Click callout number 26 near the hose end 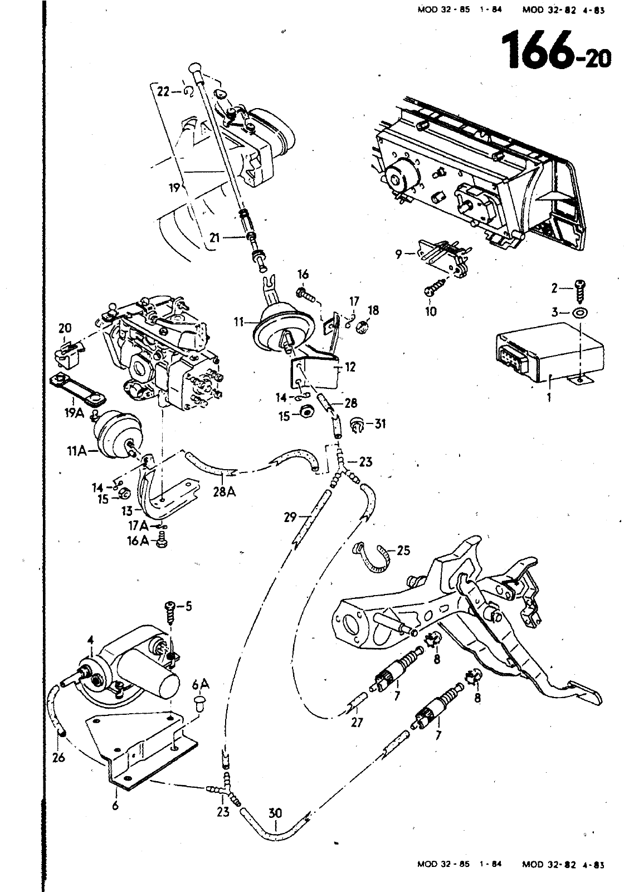[x=59, y=757]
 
